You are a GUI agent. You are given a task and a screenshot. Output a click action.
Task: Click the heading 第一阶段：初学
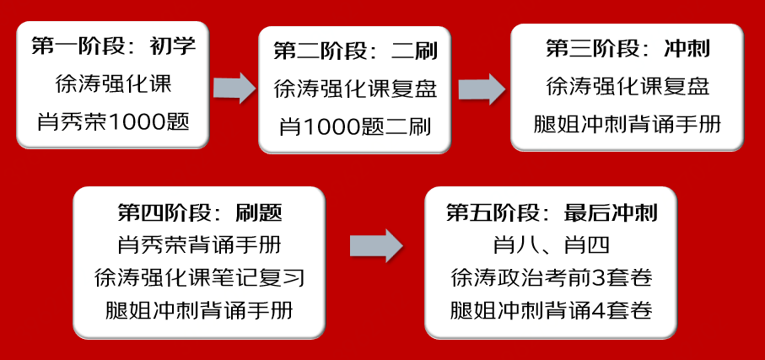[x=114, y=47]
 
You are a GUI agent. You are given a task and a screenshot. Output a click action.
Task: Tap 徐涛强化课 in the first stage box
[x=113, y=85]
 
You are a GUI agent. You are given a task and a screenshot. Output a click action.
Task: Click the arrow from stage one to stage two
[x=234, y=89]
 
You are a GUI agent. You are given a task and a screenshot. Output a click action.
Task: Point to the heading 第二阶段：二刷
[x=355, y=51]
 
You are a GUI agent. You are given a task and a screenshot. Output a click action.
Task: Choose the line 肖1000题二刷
[x=355, y=128]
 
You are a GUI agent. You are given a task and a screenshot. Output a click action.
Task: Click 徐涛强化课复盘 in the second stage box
[x=355, y=89]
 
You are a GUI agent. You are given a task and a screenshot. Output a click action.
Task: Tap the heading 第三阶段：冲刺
[x=628, y=49]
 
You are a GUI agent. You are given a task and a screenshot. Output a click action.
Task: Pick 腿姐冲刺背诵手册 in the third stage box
[x=628, y=125]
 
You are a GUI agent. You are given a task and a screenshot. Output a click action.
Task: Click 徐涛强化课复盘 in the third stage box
[x=628, y=87]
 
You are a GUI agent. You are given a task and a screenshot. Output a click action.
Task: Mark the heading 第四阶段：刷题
[x=200, y=212]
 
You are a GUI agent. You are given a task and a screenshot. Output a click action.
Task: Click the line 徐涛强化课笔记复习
[x=200, y=278]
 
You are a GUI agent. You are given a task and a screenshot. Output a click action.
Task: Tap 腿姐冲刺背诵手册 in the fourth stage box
[x=200, y=310]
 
